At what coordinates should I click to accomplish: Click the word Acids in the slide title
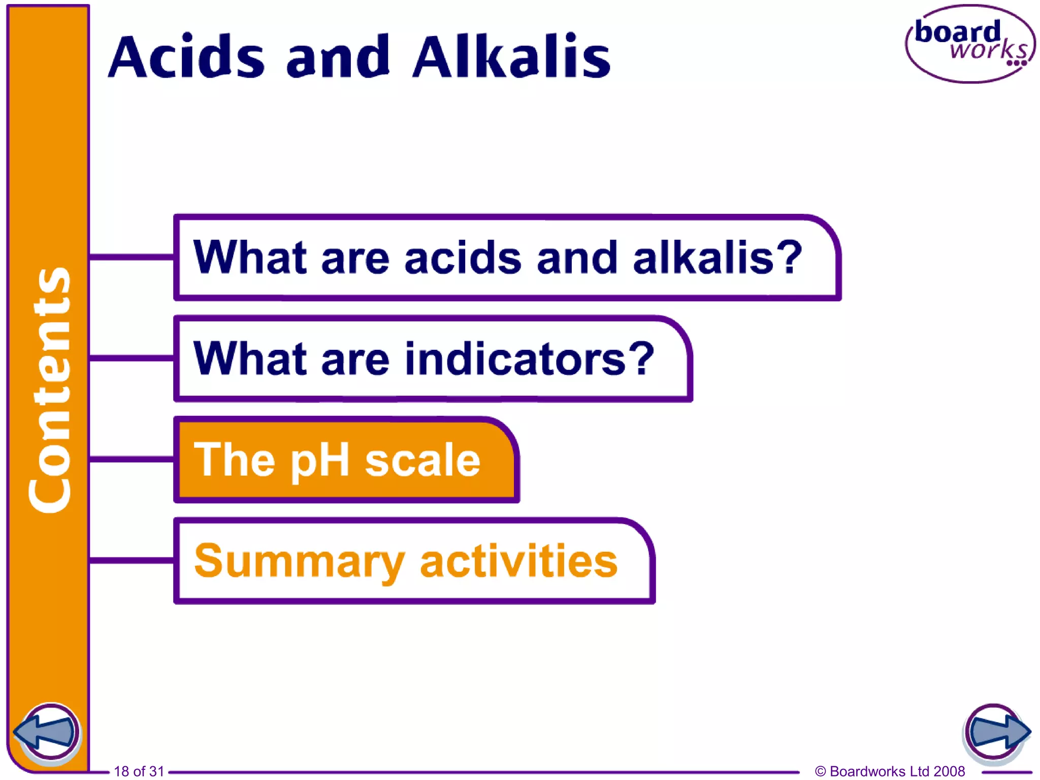[x=186, y=57]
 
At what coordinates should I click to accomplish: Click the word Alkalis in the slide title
[x=511, y=57]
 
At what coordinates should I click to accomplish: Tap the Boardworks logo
[x=970, y=44]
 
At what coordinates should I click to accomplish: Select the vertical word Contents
[x=49, y=389]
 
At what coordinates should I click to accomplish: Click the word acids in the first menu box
[x=463, y=257]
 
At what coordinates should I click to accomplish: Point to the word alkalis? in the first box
[x=717, y=257]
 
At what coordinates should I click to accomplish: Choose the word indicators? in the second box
[x=530, y=359]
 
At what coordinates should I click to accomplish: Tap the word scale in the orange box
[x=422, y=460]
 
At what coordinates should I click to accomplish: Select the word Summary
[x=299, y=562]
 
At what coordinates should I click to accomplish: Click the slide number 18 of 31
[x=139, y=771]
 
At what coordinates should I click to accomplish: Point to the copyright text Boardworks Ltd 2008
[x=890, y=771]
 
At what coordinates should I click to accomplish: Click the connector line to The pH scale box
[x=132, y=460]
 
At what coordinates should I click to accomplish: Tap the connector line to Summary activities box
[x=132, y=561]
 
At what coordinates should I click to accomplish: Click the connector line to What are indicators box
[x=132, y=359]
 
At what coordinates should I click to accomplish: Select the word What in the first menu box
[x=250, y=257]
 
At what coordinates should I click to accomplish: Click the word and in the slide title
[x=338, y=57]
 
